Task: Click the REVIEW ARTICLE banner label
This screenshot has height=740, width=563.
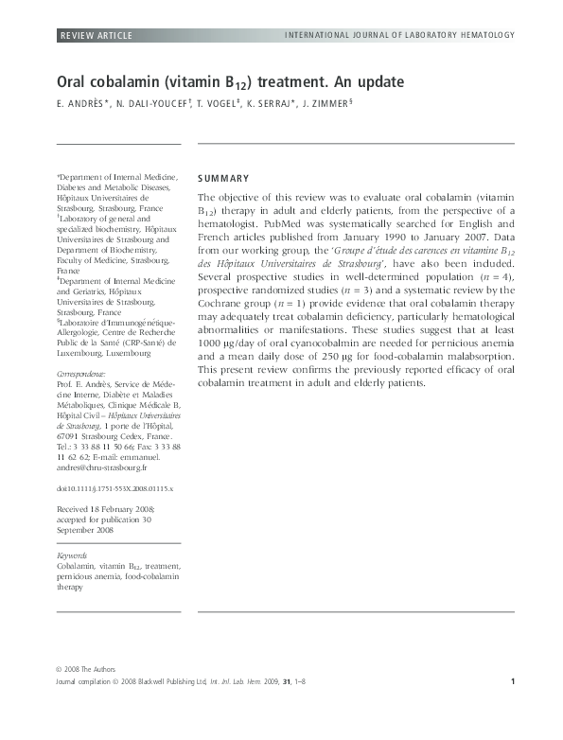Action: coord(97,36)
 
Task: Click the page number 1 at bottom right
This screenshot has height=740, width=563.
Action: coord(512,681)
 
